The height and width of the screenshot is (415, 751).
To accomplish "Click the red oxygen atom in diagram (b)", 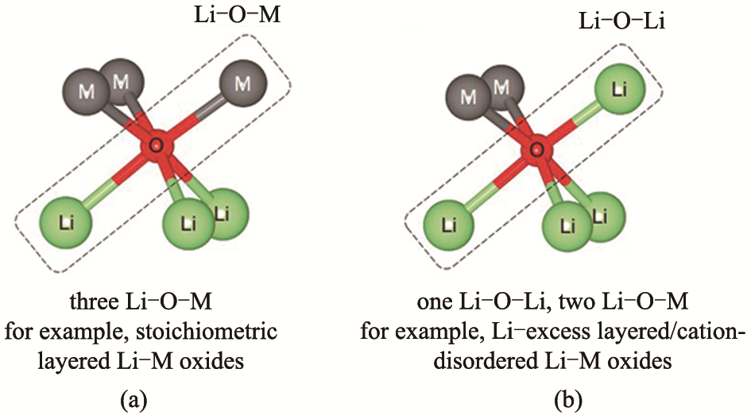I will (x=538, y=148).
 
